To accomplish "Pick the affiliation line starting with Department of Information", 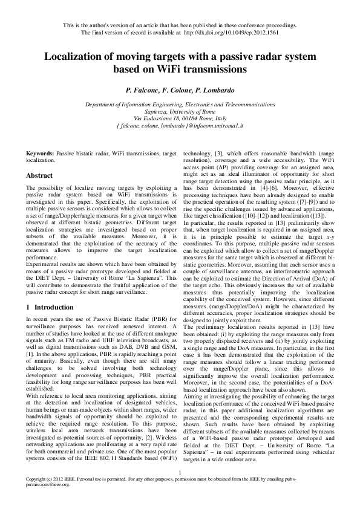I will (x=179, y=105).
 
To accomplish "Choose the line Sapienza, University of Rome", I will (x=179, y=111).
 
